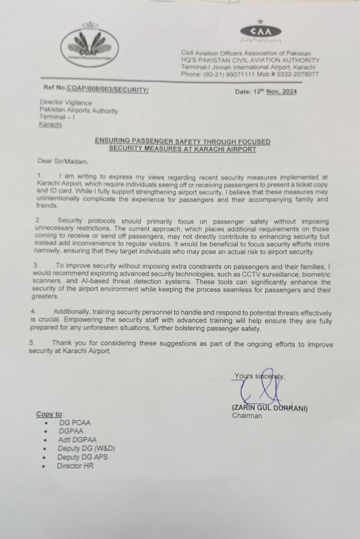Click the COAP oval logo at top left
[x=89, y=47]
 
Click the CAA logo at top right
[x=260, y=32]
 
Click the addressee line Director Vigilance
[x=66, y=102]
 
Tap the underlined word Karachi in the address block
[x=50, y=124]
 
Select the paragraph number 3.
[x=36, y=266]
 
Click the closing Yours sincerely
[x=259, y=376]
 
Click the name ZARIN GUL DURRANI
[x=270, y=408]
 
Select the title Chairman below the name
[x=247, y=416]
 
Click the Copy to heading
[x=49, y=414]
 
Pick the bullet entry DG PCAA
[x=75, y=422]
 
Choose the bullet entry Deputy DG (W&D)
[x=86, y=448]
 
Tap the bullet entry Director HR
[x=75, y=466]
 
